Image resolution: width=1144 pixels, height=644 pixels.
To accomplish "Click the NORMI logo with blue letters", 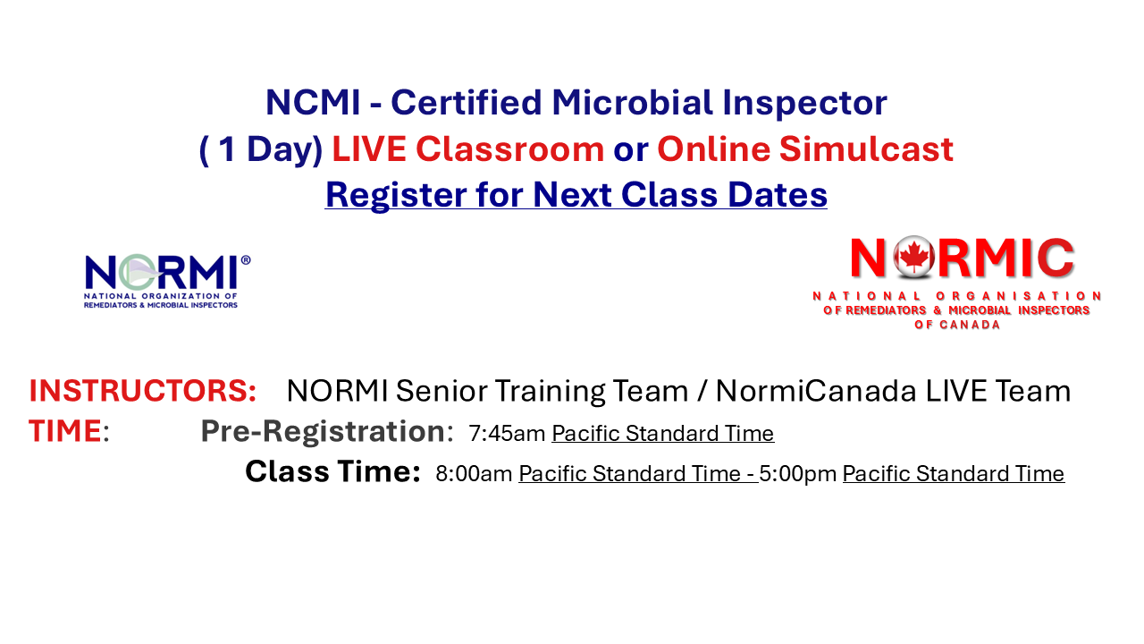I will click(167, 280).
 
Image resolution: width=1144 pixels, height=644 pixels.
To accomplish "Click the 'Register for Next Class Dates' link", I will click(576, 194).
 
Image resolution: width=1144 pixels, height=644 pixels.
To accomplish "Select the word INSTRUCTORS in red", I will click(143, 391).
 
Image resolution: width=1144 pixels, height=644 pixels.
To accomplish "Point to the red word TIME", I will click(64, 431).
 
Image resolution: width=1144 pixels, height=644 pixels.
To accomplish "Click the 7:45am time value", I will click(506, 434).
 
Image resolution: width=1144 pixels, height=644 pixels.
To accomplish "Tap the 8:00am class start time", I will click(474, 474).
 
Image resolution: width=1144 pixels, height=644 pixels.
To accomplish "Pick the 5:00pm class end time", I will click(798, 474).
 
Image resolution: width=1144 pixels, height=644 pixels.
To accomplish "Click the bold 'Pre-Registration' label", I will click(323, 431).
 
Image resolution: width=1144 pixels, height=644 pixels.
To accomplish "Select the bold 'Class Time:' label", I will click(332, 472).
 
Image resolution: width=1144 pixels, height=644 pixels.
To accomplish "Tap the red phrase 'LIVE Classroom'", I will click(467, 149).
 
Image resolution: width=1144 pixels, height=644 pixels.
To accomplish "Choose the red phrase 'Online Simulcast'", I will click(804, 149).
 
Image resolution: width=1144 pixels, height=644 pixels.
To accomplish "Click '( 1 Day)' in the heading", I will click(260, 149).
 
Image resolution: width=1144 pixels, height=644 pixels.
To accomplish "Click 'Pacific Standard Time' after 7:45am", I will click(662, 434).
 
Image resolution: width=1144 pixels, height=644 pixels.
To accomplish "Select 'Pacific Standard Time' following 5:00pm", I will click(953, 474).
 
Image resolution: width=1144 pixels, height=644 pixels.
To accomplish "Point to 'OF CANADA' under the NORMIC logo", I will click(957, 325).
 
